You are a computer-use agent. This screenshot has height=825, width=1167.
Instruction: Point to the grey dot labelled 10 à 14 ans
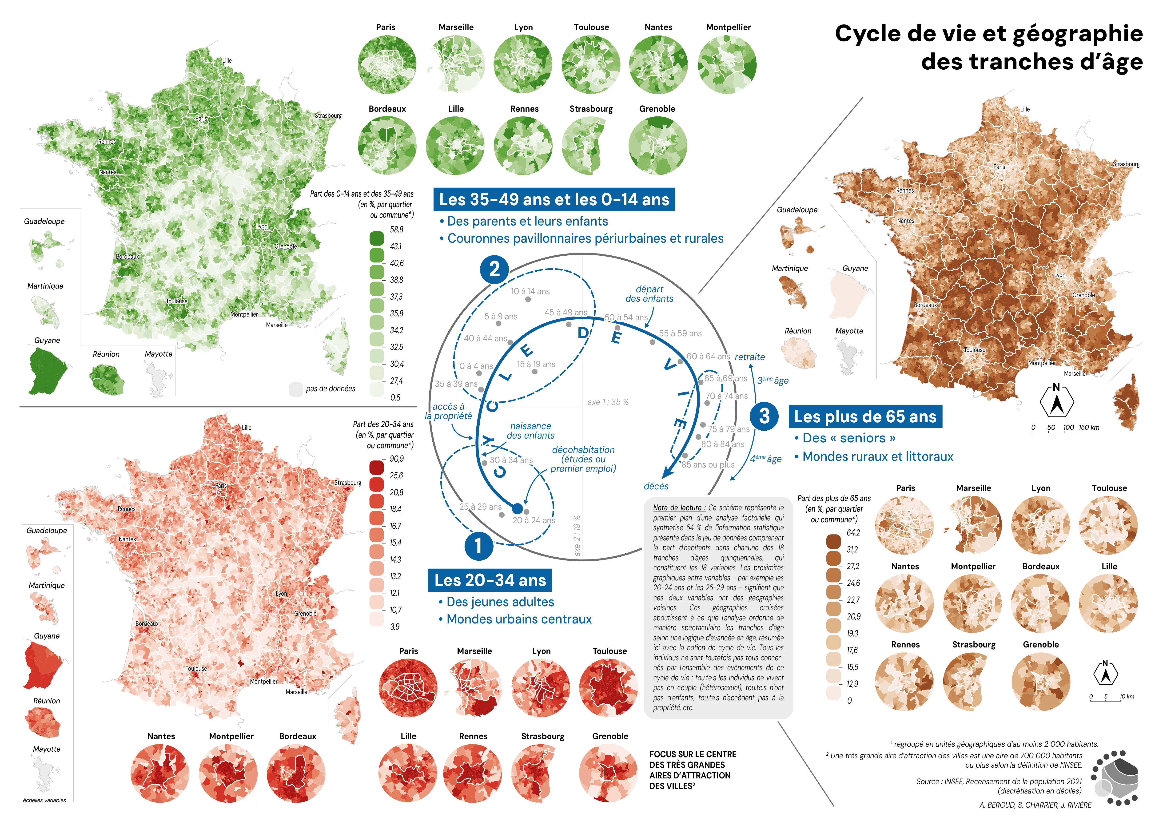528,299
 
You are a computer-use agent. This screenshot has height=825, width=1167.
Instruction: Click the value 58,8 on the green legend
396,230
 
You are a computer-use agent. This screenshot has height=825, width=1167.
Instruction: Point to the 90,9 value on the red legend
396,459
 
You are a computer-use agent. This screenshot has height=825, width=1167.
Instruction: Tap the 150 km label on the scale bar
1089,427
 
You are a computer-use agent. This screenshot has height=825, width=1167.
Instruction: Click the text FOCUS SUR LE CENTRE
692,754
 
